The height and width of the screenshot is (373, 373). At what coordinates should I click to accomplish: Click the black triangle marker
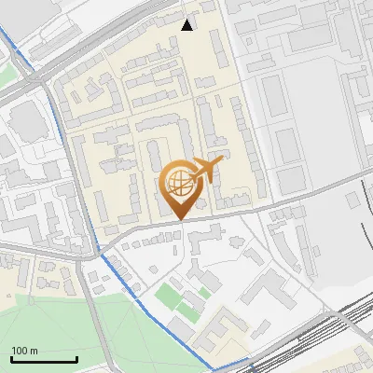point(187,25)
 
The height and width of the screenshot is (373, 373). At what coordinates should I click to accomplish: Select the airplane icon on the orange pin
point(208,170)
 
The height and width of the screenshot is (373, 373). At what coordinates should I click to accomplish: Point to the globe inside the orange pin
point(177,183)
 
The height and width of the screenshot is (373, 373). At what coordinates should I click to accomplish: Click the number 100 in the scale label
point(20,351)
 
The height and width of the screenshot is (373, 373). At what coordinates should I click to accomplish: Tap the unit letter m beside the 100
point(34,351)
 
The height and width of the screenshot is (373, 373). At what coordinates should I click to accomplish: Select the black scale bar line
point(43,359)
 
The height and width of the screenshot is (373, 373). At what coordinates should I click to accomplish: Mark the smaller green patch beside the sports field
point(204,293)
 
